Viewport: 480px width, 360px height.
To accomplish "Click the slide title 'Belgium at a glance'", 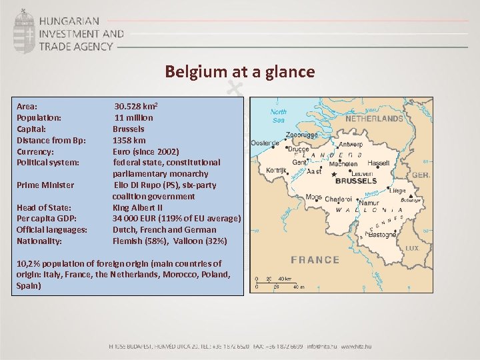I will pos(240,71).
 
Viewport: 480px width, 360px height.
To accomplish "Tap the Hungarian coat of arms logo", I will pos(25,31).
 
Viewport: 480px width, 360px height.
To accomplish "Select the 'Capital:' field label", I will pos(31,129).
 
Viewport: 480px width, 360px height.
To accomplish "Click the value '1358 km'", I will pos(129,140).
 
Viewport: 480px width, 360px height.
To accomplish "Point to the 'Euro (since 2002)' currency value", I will pos(146,151).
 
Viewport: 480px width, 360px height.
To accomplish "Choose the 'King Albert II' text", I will pos(142,207).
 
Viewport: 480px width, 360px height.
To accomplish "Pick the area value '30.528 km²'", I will pos(136,106).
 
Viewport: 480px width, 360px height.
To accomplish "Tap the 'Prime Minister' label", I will pos(45,185).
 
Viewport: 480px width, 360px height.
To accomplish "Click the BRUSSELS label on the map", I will pos(355,181).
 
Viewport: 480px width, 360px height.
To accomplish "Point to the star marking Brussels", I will pos(334,175).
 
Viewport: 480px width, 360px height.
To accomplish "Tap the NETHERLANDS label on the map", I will pos(373,119).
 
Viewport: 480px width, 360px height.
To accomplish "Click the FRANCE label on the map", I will pos(315,259).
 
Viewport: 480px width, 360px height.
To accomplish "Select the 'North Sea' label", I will pos(279,116).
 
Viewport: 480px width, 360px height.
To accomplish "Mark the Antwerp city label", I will pos(351,144).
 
